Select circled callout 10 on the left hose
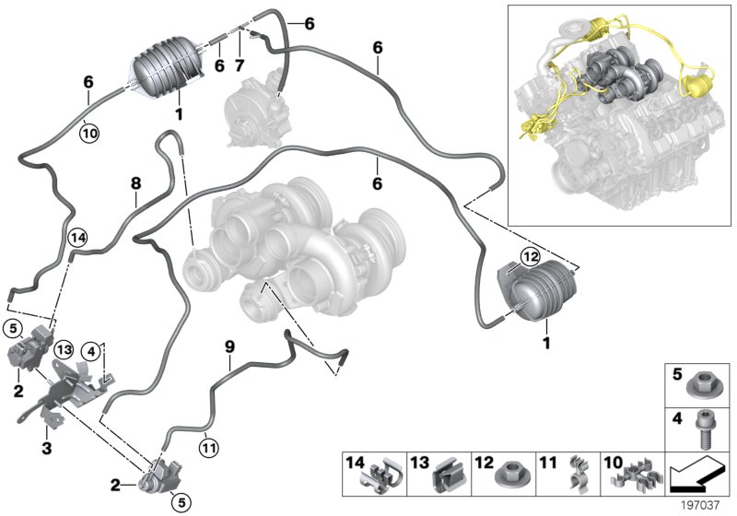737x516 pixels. (x=88, y=132)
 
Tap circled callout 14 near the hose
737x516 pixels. (x=77, y=237)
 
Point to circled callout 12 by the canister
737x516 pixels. (x=529, y=255)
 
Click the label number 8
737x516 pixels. (x=135, y=183)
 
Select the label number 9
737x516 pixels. (x=230, y=346)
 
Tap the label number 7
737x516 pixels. (x=239, y=66)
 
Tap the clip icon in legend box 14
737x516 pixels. (x=386, y=475)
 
